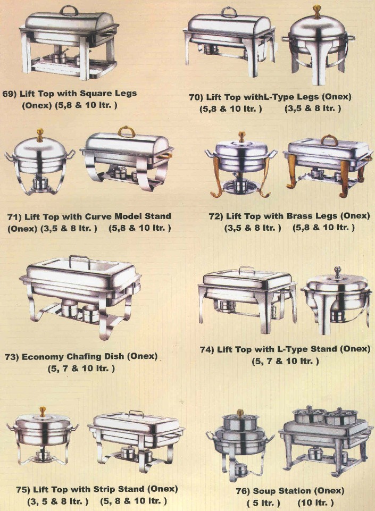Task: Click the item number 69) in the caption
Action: [10, 94]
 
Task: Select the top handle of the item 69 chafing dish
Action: [69, 10]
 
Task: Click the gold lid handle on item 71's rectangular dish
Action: [127, 132]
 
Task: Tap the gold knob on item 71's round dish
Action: [40, 135]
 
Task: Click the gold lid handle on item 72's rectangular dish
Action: [329, 140]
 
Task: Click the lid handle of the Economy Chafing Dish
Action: [80, 261]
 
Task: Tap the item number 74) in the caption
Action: [207, 350]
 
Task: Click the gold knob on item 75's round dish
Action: [43, 412]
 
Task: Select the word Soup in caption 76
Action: [263, 490]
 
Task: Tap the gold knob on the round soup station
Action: [240, 413]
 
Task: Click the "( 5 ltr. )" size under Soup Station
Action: [263, 502]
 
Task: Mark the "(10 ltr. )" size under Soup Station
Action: [316, 502]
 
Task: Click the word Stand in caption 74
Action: [323, 349]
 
